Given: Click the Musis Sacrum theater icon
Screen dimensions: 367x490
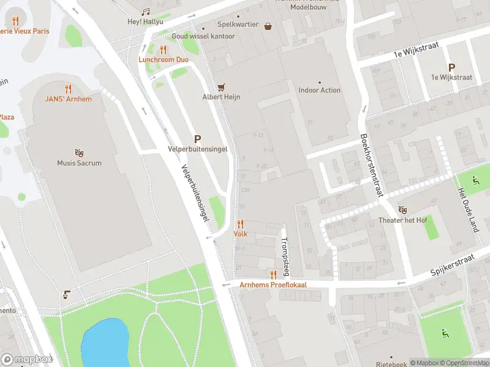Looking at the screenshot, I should (x=79, y=152).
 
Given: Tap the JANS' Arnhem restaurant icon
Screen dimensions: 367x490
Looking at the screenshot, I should (x=68, y=89).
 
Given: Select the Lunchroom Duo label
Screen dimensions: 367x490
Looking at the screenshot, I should (x=163, y=60).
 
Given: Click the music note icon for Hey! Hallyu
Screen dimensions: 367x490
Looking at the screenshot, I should (x=145, y=12).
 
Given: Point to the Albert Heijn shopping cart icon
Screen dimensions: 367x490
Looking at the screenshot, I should (x=221, y=87).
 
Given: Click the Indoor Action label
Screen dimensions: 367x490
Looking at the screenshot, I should (x=319, y=91).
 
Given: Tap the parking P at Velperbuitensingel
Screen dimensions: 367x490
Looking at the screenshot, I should (x=198, y=139).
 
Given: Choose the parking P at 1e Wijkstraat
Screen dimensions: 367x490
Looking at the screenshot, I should (x=452, y=67).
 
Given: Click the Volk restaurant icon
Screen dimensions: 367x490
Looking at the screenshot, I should (x=240, y=224).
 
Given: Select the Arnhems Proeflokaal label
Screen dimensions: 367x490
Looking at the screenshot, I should (x=273, y=285).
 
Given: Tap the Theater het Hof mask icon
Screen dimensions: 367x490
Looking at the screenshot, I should (x=402, y=210).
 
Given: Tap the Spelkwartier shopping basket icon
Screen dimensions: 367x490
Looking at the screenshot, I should (x=268, y=26).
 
